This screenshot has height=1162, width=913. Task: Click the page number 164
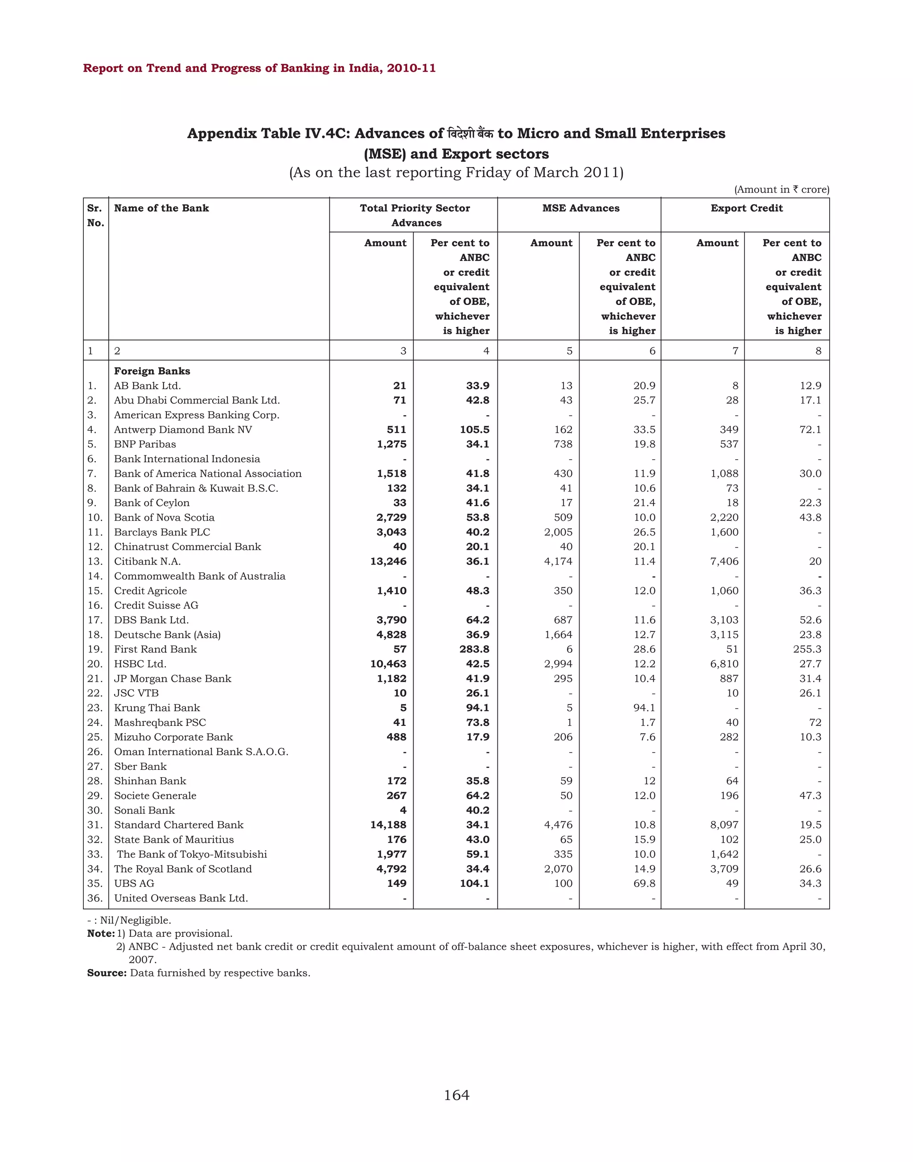pyautogui.click(x=456, y=1095)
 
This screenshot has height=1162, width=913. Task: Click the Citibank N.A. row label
pyautogui.click(x=147, y=561)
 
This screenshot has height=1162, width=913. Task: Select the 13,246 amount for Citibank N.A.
pyautogui.click(x=388, y=561)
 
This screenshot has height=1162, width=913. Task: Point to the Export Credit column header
pyautogui.click(x=746, y=208)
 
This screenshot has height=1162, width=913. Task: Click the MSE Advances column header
pyautogui.click(x=580, y=208)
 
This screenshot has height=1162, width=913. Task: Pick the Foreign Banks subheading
pyautogui.click(x=152, y=371)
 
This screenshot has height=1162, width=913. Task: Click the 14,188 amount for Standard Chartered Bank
pyautogui.click(x=388, y=825)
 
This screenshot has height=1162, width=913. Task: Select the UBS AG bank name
pyautogui.click(x=134, y=883)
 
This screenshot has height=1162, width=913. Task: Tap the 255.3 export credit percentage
pyautogui.click(x=807, y=649)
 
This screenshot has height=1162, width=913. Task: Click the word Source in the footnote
pyautogui.click(x=107, y=972)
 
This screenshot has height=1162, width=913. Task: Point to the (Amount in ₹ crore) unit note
pyautogui.click(x=781, y=190)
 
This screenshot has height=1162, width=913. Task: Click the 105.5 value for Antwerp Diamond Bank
pyautogui.click(x=474, y=429)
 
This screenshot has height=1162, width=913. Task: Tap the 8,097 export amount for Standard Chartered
pyautogui.click(x=724, y=825)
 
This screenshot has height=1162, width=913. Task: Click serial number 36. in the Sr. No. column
pyautogui.click(x=95, y=898)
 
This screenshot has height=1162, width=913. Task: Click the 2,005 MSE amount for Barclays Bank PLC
pyautogui.click(x=558, y=532)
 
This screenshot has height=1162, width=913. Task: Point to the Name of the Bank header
pyautogui.click(x=161, y=208)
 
